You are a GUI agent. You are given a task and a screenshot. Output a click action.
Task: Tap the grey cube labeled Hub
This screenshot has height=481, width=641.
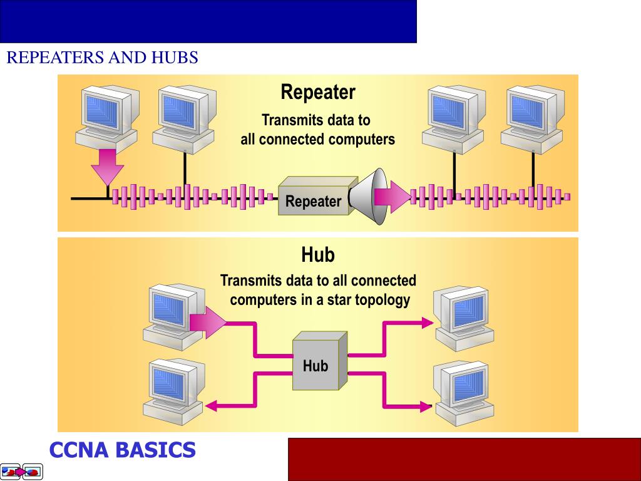tap(320, 361)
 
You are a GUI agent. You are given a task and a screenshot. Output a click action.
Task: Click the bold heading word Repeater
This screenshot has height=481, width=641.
tap(317, 92)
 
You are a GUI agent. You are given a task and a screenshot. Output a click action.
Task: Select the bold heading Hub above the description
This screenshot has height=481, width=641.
tap(317, 254)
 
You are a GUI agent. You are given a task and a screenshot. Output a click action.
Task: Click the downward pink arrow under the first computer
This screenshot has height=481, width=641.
tap(108, 168)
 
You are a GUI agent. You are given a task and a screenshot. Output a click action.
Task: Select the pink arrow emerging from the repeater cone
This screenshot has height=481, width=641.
tap(393, 197)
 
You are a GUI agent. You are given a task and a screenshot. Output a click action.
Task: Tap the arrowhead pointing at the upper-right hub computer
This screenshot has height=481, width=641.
tap(427, 323)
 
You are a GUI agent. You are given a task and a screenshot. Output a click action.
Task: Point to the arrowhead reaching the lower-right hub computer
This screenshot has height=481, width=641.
tap(426, 406)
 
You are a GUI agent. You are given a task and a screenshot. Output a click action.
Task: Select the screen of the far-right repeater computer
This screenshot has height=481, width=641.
tap(527, 111)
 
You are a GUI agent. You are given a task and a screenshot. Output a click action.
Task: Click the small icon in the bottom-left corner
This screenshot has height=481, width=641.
tap(22, 472)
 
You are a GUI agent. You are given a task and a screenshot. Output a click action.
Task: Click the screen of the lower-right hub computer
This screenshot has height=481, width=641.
tap(469, 385)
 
